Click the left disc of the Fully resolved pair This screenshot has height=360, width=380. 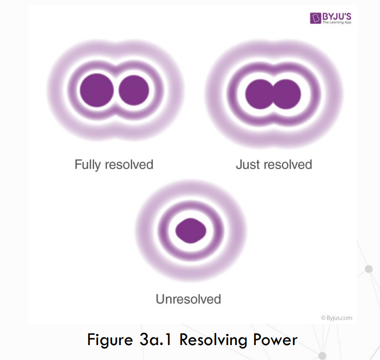(97, 90)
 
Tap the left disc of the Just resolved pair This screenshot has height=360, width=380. (260, 93)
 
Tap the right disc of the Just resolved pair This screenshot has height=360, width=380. (287, 93)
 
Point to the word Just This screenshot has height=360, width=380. (247, 165)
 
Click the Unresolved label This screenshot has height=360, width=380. (188, 299)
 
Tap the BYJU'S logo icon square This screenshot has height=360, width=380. (316, 18)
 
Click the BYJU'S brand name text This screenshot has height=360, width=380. (337, 15)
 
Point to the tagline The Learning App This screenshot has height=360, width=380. (337, 23)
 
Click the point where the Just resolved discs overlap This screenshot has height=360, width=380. (273, 93)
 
